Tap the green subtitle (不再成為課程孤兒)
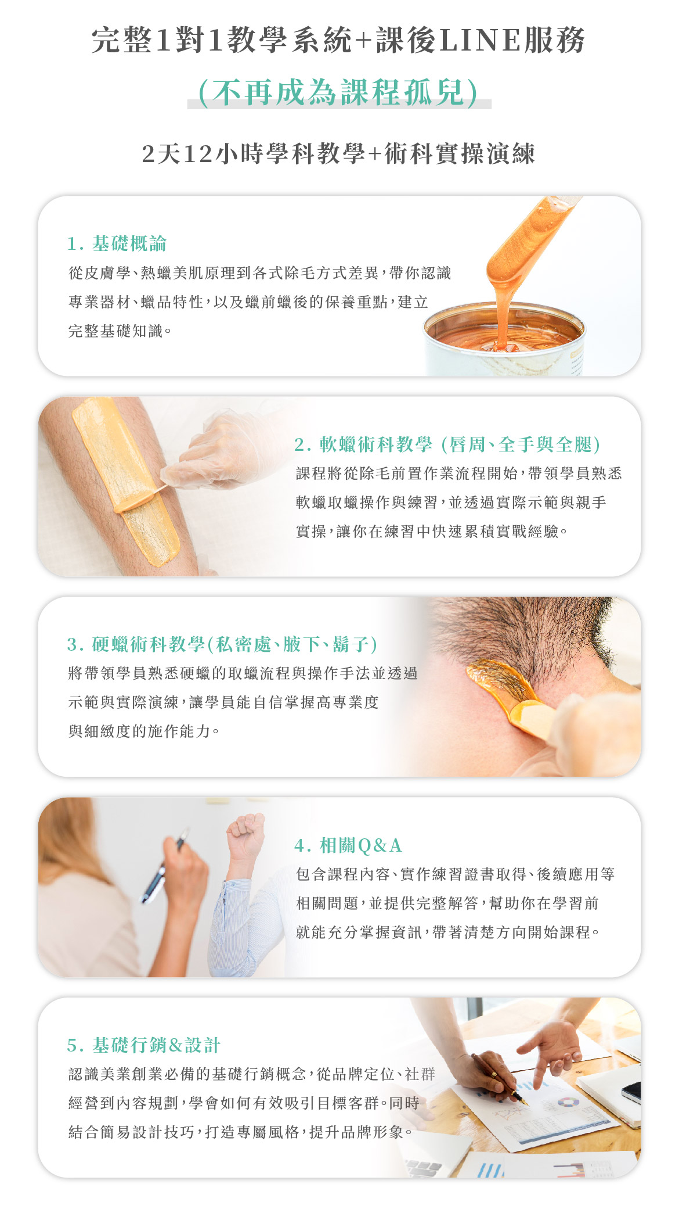click(339, 92)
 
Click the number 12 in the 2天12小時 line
click(198, 154)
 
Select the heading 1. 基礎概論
click(117, 243)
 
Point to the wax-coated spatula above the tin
click(528, 244)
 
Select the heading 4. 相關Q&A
click(348, 845)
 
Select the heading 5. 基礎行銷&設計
click(144, 1045)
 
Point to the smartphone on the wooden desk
click(631, 1091)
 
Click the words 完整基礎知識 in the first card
click(115, 331)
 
